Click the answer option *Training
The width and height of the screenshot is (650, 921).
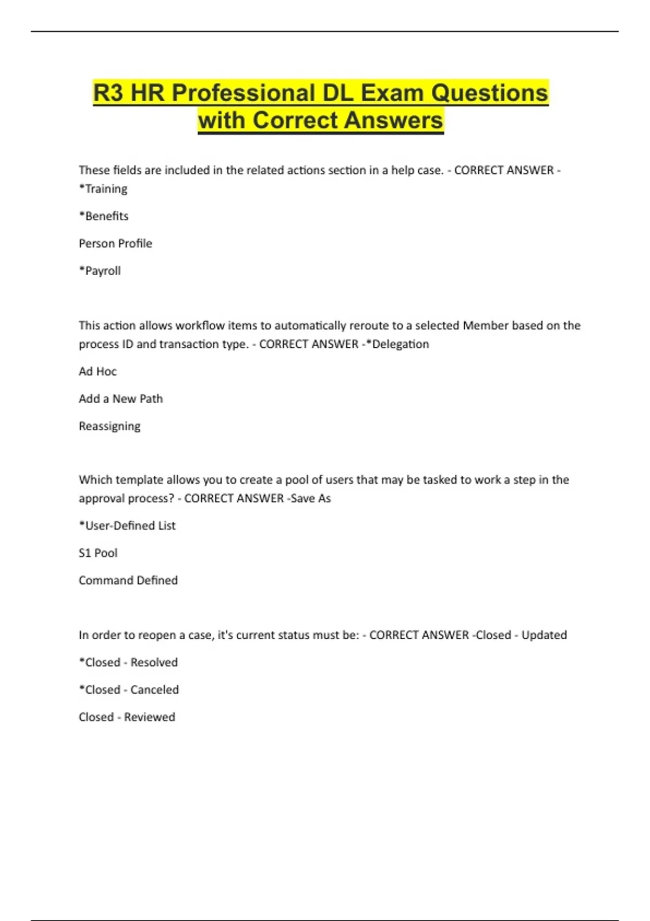click(103, 189)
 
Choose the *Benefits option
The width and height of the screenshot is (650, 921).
click(103, 216)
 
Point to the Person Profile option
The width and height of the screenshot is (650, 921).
click(115, 244)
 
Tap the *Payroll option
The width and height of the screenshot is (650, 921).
click(100, 271)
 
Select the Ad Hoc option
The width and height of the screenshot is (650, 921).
click(97, 372)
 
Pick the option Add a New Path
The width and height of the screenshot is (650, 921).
click(121, 399)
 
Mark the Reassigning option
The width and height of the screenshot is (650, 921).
click(109, 426)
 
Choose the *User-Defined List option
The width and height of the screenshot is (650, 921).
click(127, 526)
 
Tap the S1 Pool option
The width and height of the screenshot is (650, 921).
click(98, 553)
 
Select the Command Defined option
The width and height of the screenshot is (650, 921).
click(128, 580)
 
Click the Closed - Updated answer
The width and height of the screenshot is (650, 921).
click(521, 635)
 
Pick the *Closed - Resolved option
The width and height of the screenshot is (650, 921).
click(128, 663)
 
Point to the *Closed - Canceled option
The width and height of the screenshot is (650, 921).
click(129, 690)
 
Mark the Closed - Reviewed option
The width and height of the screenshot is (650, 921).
click(127, 717)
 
